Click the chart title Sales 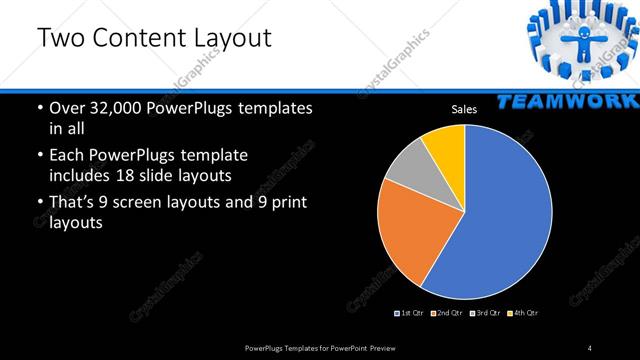point(463,109)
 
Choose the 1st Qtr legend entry point(409,313)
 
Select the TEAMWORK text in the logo point(566,101)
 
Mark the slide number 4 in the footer point(590,347)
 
